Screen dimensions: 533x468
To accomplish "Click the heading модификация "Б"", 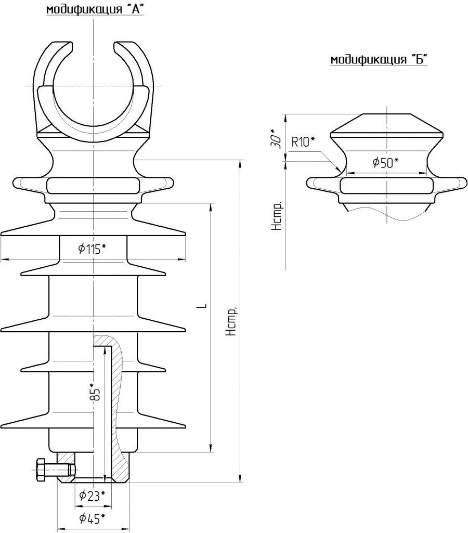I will [x=379, y=60].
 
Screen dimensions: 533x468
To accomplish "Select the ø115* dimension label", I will [x=93, y=249].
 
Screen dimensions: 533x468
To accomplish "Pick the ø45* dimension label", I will [x=93, y=518].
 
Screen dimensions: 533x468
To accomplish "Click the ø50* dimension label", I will [x=385, y=163].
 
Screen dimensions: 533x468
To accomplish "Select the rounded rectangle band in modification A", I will [x=93, y=185].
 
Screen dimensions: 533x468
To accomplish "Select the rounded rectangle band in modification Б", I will [x=386, y=185].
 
